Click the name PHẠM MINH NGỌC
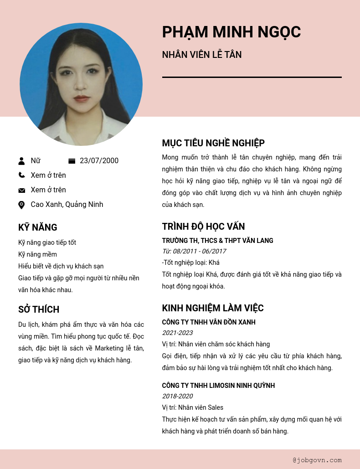pos(231,32)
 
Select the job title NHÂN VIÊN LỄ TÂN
pos(202,55)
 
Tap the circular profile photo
pos(81,84)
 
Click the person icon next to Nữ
pos(21,161)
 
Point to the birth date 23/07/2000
pos(99,161)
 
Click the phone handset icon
pos(21,175)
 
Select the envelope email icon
pos(21,190)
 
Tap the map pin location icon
pos(21,205)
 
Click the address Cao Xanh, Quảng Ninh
pos(67,205)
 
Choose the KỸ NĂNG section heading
pos(38,227)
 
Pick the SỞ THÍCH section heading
pos(39,309)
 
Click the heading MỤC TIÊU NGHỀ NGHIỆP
pos(213,143)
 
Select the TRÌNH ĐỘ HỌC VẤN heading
pos(203,227)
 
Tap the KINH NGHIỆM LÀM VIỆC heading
pos(213,308)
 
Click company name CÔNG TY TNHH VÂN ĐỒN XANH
pos(209,322)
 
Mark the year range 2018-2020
pos(177,396)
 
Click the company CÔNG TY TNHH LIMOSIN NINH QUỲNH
pos(218,386)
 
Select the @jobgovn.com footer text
pos(317,460)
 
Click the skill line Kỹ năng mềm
pos(37,254)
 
